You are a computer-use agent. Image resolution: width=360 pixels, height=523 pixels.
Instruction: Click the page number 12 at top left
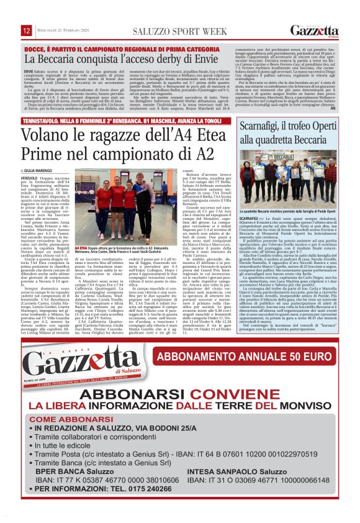coord(27,31)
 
